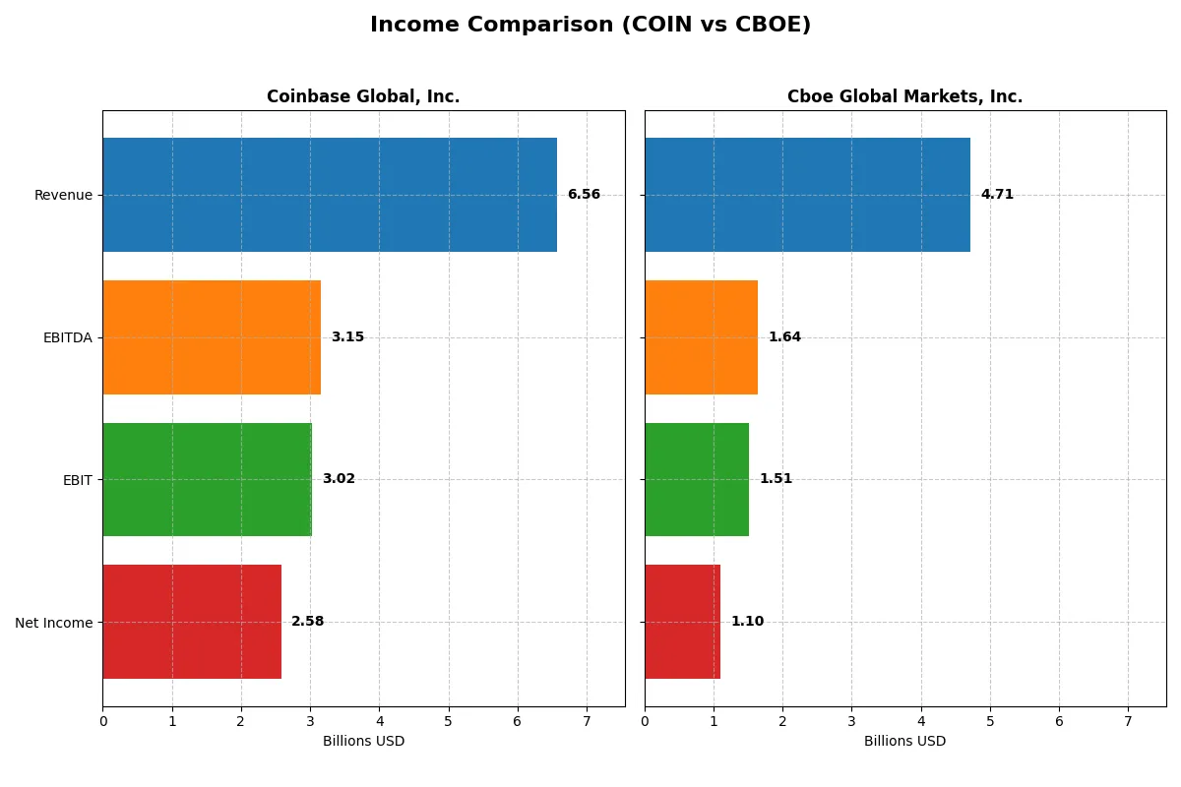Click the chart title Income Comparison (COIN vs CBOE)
[590, 26]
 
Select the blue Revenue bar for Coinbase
[330, 195]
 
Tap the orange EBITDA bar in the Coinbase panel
[212, 337]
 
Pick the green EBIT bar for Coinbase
[207, 480]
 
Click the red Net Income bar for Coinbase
[192, 622]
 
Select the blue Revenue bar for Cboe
[807, 195]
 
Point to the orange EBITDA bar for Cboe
[701, 337]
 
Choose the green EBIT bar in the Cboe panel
[697, 480]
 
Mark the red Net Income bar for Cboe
[682, 622]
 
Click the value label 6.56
[584, 195]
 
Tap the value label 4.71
[997, 195]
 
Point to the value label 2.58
[307, 622]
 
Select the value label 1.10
[747, 622]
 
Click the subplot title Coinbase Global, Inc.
[363, 96]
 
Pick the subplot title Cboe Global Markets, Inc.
[904, 96]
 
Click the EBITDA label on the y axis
[67, 337]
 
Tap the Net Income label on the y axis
[54, 623]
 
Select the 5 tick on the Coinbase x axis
[449, 721]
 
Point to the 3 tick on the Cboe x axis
[852, 721]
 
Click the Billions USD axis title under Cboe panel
[904, 742]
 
